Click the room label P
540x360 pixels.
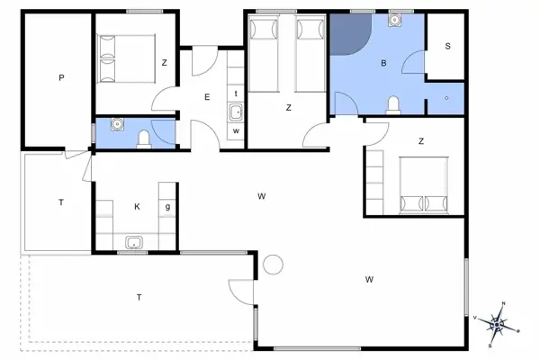tap(61, 78)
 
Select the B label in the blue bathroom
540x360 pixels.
tap(383, 63)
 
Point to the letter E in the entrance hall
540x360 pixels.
tap(207, 96)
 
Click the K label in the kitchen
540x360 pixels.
tap(137, 207)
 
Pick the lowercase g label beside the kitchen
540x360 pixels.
tap(167, 206)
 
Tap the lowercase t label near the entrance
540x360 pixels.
tap(235, 93)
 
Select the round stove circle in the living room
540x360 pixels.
tap(273, 265)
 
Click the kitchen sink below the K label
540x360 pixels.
tap(135, 241)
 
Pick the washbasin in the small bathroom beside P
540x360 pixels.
tap(115, 124)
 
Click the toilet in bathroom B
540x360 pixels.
tap(393, 105)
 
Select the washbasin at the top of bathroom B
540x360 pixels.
tap(395, 21)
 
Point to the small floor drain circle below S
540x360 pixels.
tap(447, 96)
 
